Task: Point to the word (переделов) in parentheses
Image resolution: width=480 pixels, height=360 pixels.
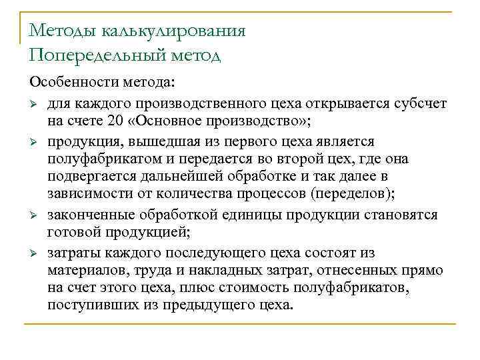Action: pos(354,194)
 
